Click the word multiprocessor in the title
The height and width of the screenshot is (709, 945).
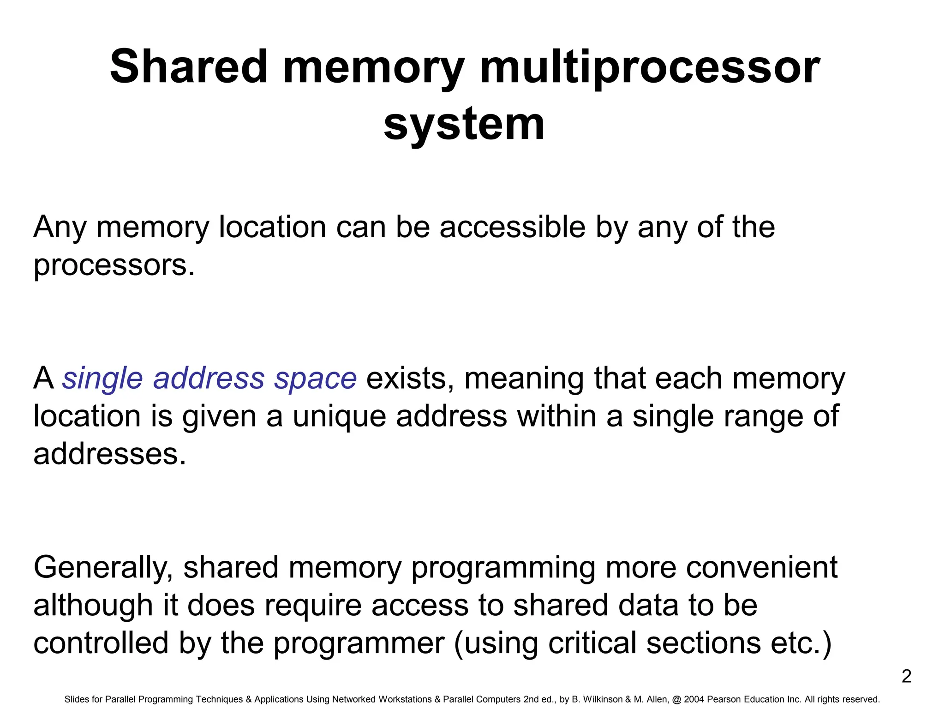(649, 68)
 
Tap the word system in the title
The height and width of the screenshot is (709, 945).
(464, 124)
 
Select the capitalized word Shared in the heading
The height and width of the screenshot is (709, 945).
(189, 67)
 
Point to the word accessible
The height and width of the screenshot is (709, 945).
(512, 227)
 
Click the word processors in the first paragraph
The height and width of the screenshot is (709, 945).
(114, 266)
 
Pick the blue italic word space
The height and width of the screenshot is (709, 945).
(315, 378)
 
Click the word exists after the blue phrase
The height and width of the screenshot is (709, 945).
(410, 378)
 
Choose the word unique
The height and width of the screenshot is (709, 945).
(339, 416)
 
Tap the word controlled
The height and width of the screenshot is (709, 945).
(101, 643)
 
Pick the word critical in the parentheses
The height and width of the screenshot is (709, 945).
(592, 643)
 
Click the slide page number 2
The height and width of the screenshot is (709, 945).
(906, 677)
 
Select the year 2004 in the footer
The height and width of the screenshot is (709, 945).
(694, 699)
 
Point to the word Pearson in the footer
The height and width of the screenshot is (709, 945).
(724, 699)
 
